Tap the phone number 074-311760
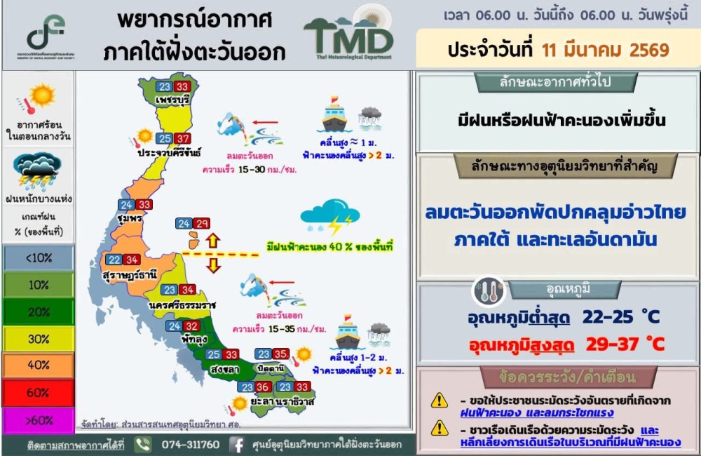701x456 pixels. tap(191, 445)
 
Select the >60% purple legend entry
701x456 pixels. tap(38, 420)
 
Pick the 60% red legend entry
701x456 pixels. tap(38, 393)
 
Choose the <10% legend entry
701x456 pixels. tap(38, 257)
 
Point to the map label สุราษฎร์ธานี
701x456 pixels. tap(130, 274)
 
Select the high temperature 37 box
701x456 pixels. tap(183, 139)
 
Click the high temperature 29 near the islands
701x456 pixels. tap(202, 224)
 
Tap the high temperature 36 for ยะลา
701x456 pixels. tap(263, 387)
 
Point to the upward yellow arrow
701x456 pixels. tap(213, 241)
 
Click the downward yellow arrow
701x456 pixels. tap(213, 265)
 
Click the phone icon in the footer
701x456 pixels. tap(143, 445)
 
